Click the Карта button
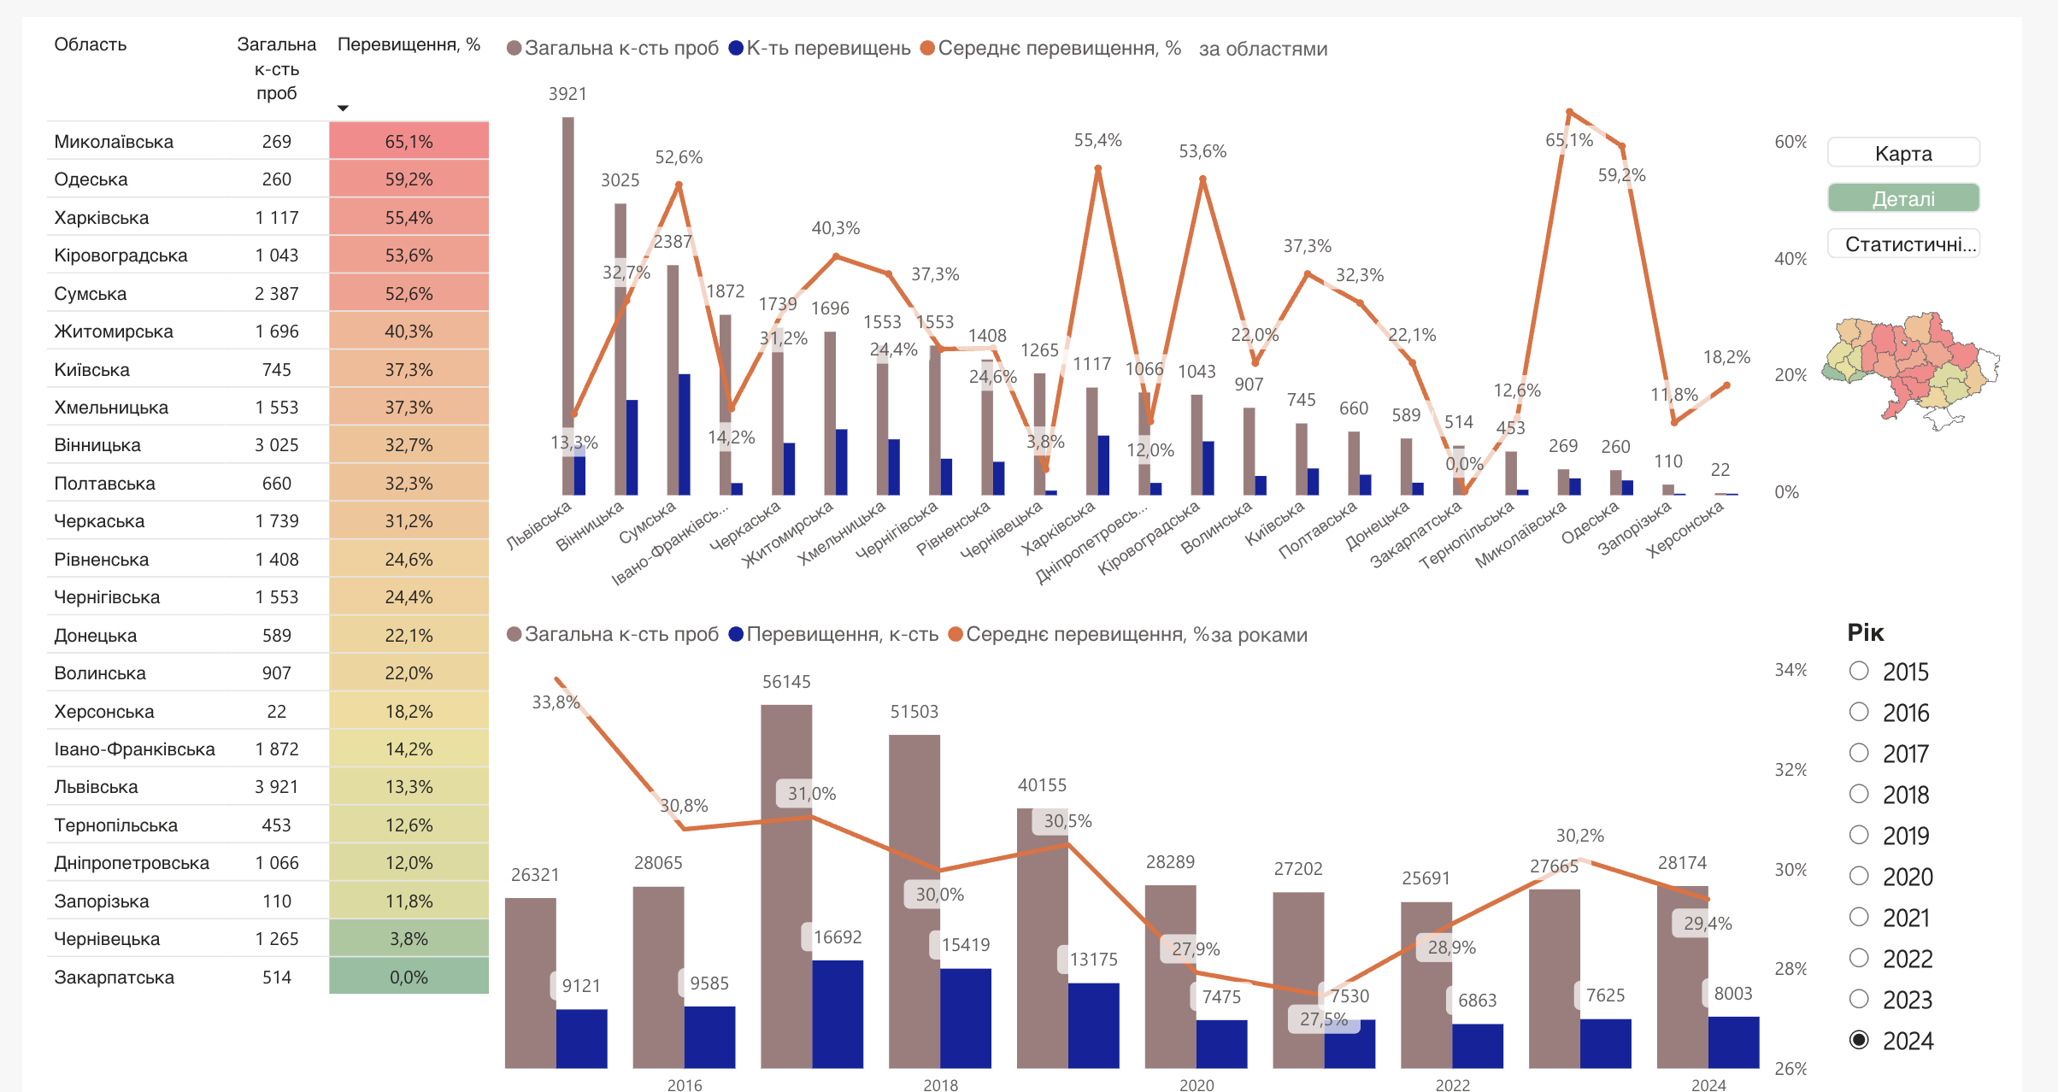pos(1903,153)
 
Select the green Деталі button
pos(1903,198)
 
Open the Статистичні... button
pos(1903,244)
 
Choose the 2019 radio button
pos(1859,835)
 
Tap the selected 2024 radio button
pos(1859,1040)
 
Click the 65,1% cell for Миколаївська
pos(409,141)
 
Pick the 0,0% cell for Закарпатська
pos(409,977)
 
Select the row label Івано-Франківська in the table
pos(134,749)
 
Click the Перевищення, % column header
pos(409,44)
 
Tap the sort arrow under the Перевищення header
pos(343,109)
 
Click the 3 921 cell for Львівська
pos(276,787)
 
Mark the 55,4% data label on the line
pos(1097,140)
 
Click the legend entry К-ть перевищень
pos(820,48)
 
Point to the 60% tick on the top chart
pos(1790,142)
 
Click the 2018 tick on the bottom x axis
pos(940,1084)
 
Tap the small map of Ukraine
pos(1911,369)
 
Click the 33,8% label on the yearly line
pos(556,702)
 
